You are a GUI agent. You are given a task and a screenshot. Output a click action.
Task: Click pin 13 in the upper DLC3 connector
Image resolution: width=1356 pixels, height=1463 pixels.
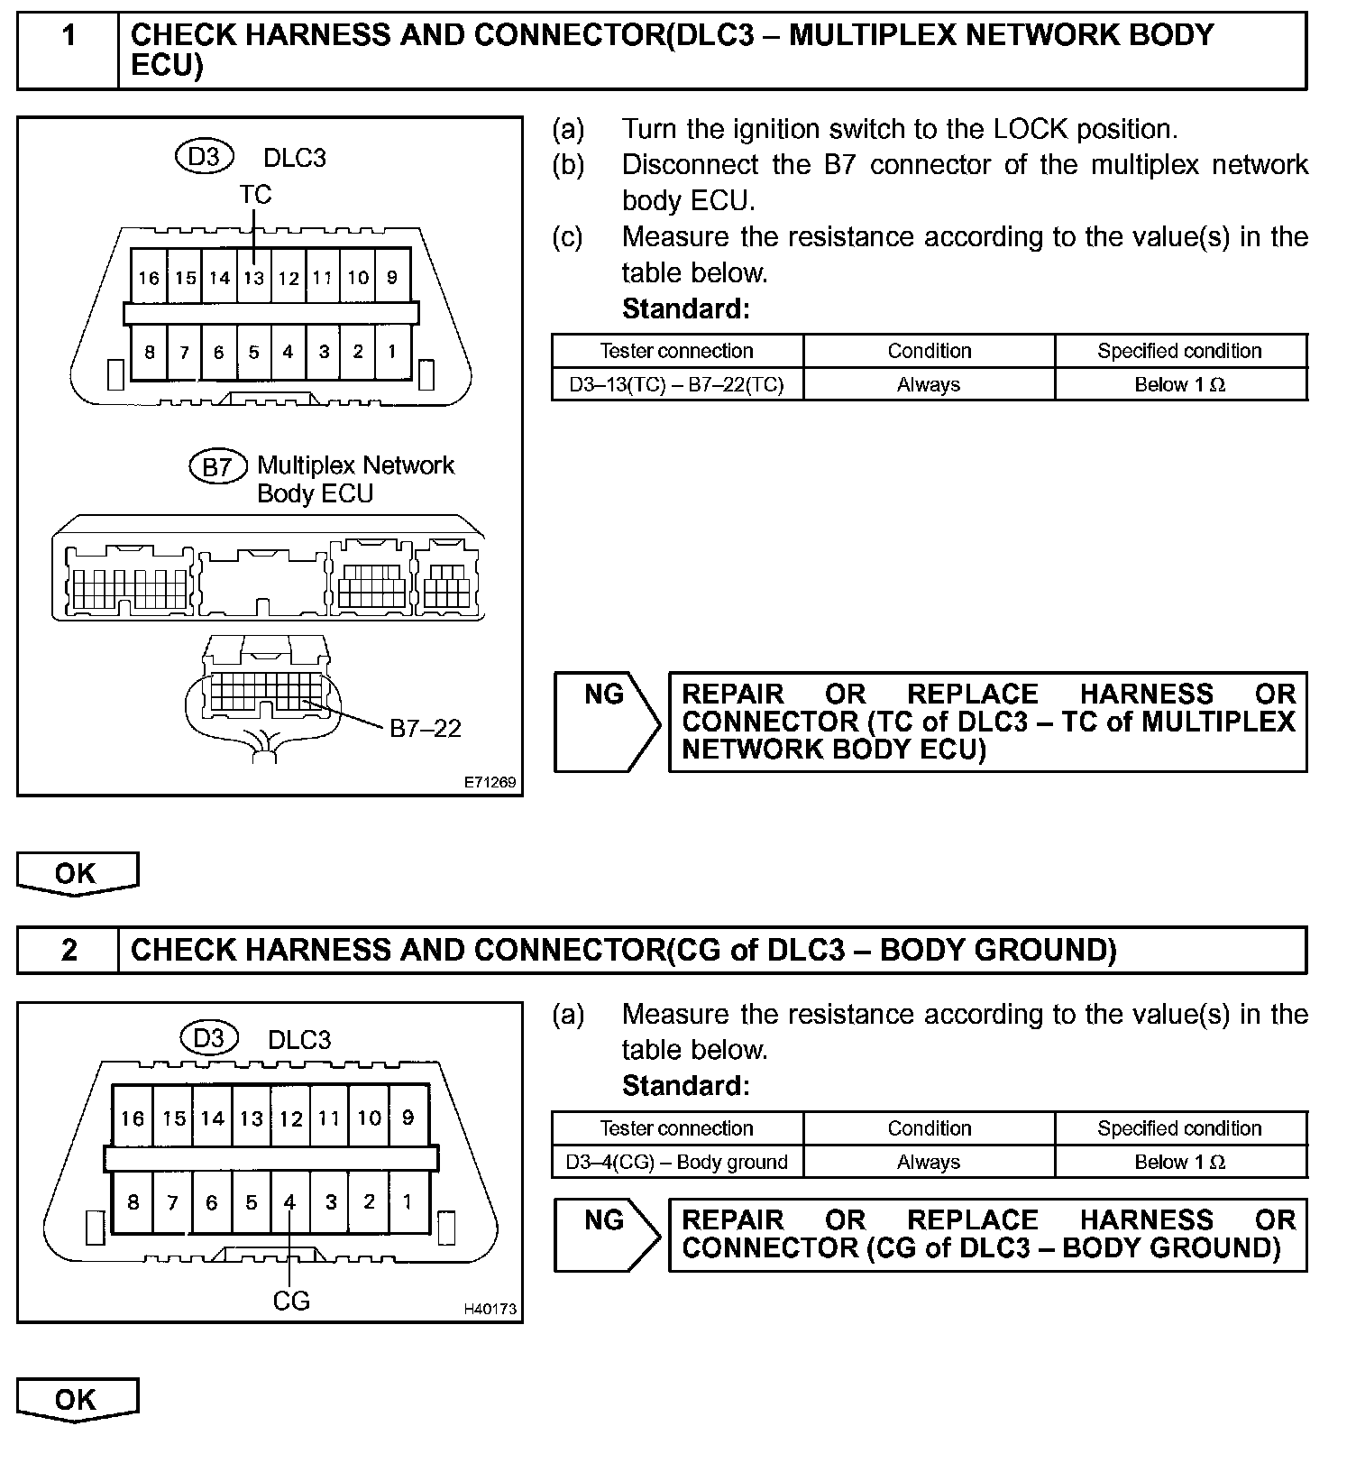pos(254,278)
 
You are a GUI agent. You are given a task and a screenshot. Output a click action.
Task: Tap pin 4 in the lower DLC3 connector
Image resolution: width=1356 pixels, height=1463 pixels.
pos(289,1202)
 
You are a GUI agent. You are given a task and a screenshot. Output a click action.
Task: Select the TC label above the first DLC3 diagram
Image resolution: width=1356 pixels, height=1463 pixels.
pos(255,195)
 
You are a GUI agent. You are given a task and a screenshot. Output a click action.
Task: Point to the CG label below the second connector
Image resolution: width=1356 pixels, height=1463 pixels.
pos(290,1301)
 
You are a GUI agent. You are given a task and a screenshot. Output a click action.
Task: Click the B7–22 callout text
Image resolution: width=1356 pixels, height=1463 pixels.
pos(425,729)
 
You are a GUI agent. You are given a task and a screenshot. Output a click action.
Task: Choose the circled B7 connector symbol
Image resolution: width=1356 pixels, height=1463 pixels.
pos(217,466)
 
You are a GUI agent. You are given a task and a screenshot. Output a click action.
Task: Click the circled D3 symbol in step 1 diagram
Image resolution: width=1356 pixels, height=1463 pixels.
pos(204,157)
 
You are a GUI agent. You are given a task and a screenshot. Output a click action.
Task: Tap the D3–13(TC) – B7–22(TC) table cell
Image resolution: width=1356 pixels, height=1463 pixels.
pos(676,385)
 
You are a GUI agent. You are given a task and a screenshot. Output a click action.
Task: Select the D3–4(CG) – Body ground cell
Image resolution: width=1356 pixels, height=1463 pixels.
pos(676,1163)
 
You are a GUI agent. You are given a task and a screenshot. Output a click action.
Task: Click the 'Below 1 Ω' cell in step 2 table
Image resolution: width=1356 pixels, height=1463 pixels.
pos(1179,1163)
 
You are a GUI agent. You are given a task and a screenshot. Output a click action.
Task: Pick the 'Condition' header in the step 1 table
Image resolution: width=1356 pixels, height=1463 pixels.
pos(929,351)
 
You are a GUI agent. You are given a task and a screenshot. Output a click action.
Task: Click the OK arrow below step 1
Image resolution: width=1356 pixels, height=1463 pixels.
pos(76,873)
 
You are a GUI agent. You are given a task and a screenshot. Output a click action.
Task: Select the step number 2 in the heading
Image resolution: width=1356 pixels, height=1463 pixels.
pos(69,950)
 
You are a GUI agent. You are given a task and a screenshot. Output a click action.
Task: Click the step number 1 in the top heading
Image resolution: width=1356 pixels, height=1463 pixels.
pos(69,36)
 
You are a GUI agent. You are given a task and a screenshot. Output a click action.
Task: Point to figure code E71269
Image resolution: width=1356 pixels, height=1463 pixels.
pos(490,782)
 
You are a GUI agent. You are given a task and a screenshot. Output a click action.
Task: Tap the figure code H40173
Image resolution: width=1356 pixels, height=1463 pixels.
pos(490,1309)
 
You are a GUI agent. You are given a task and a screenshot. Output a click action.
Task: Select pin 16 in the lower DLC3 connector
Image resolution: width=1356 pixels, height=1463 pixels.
pos(133,1118)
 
